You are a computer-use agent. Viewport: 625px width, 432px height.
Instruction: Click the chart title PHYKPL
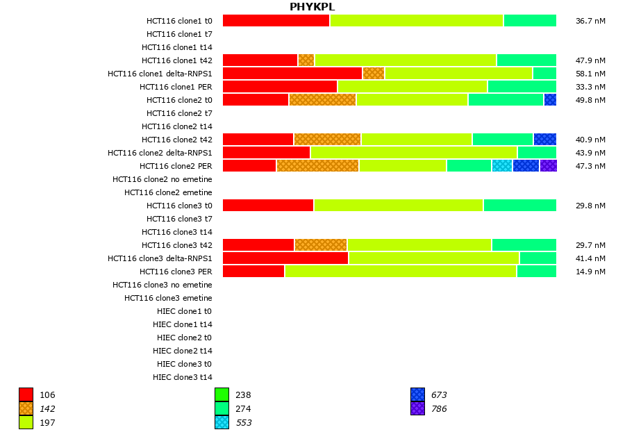(x=312, y=7)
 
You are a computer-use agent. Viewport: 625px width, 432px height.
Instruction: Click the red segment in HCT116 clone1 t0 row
(x=276, y=21)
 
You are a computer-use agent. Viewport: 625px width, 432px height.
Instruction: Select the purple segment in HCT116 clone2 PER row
(x=548, y=166)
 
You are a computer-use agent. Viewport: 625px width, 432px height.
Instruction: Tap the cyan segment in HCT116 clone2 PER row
(x=502, y=166)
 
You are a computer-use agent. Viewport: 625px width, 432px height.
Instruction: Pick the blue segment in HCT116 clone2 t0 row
(x=550, y=100)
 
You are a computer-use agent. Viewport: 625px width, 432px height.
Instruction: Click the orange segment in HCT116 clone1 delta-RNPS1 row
(x=374, y=74)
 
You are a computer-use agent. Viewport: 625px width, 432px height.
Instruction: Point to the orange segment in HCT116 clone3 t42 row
(x=321, y=245)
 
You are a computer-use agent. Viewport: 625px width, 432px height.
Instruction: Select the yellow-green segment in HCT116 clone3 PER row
(x=401, y=272)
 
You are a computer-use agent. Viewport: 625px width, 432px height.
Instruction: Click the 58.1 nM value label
(x=590, y=74)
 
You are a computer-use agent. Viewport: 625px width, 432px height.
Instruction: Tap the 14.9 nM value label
(x=590, y=272)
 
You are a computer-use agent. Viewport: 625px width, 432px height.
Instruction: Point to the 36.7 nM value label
(x=590, y=21)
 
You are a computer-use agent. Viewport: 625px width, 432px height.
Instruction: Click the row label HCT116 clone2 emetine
(x=168, y=192)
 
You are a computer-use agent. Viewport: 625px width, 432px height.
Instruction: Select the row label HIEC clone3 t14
(x=183, y=377)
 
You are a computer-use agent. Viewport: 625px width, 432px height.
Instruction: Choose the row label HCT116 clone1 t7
(x=179, y=34)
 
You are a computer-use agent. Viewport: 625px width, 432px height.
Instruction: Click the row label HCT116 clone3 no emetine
(x=162, y=285)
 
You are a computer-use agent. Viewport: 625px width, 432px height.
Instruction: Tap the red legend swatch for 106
(x=26, y=394)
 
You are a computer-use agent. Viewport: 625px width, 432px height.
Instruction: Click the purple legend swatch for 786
(x=417, y=408)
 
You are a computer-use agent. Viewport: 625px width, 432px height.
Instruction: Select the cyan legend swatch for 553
(x=222, y=422)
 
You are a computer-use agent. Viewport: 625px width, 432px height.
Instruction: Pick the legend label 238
(x=243, y=395)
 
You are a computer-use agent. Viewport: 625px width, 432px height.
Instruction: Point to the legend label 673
(x=439, y=395)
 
